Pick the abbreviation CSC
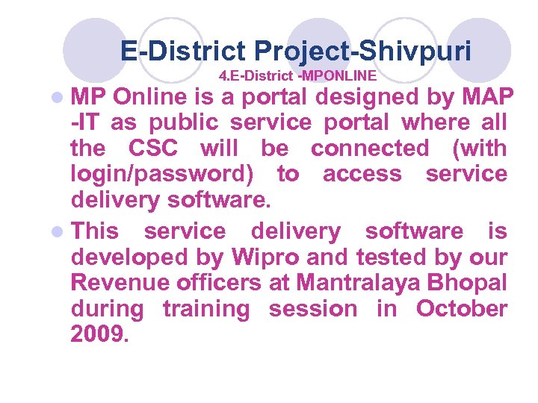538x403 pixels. tap(153, 149)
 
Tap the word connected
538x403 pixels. tap(370, 149)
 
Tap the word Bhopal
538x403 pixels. tap(475, 283)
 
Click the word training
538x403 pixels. tap(205, 309)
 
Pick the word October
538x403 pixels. tap(462, 309)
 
